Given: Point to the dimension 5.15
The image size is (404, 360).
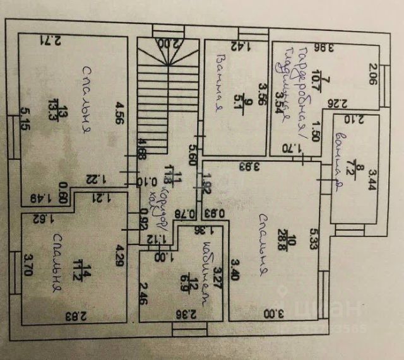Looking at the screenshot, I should point(25,118).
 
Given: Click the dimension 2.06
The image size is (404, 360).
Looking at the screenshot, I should point(372,74).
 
